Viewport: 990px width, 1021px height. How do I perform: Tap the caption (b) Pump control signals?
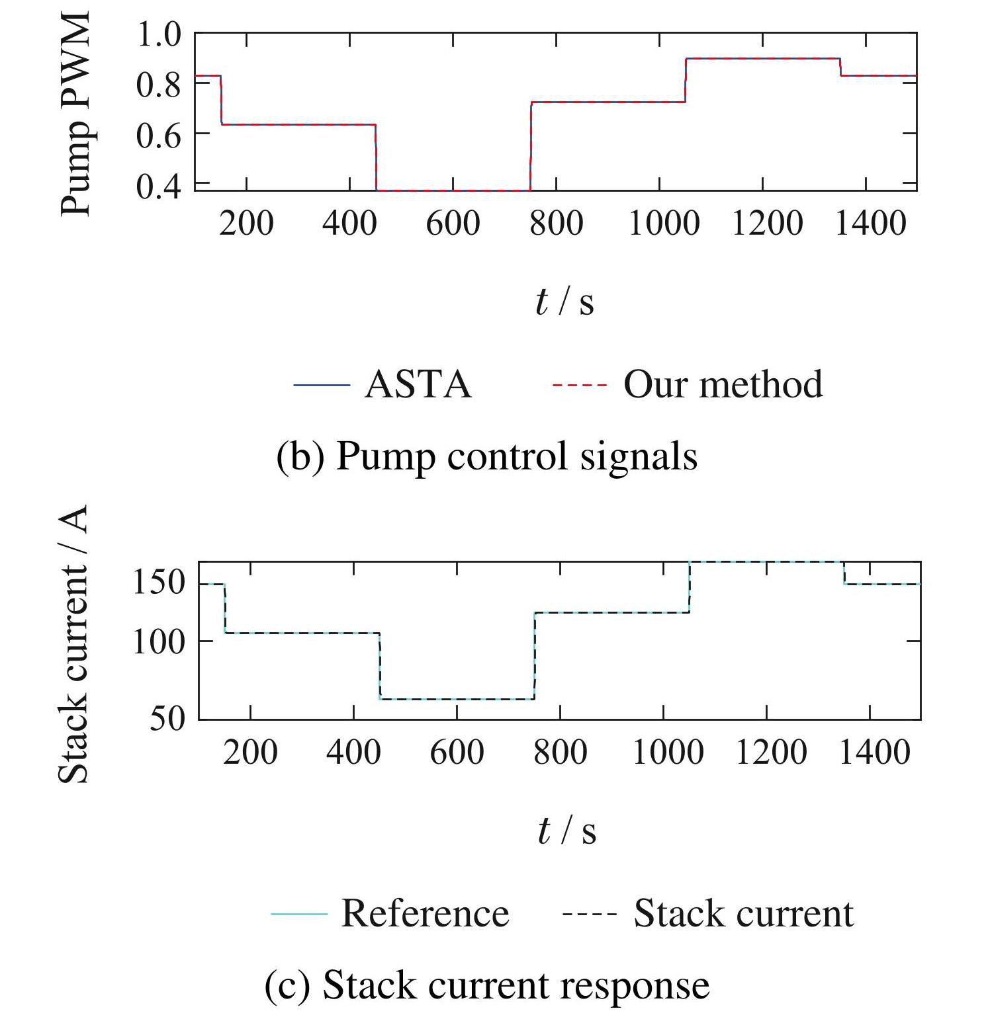[486, 456]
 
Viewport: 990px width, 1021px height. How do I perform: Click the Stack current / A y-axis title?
[73, 645]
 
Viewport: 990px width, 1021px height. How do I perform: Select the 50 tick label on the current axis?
[167, 718]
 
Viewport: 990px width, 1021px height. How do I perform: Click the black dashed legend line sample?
[589, 914]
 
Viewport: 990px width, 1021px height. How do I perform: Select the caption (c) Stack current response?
[487, 985]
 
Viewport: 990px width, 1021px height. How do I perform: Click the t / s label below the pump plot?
[564, 302]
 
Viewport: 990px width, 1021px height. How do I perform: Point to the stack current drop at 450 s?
[380, 665]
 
